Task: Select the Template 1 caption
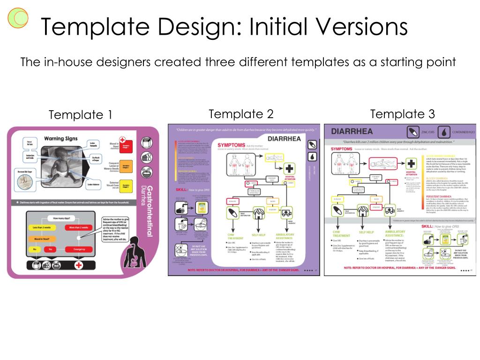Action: pyautogui.click(x=81, y=115)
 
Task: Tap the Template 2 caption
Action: pyautogui.click(x=241, y=114)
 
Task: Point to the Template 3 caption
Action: pyautogui.click(x=402, y=114)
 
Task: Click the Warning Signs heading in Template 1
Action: pyautogui.click(x=60, y=139)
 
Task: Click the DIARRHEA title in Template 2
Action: pyautogui.click(x=284, y=139)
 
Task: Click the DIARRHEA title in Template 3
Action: pyautogui.click(x=352, y=131)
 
